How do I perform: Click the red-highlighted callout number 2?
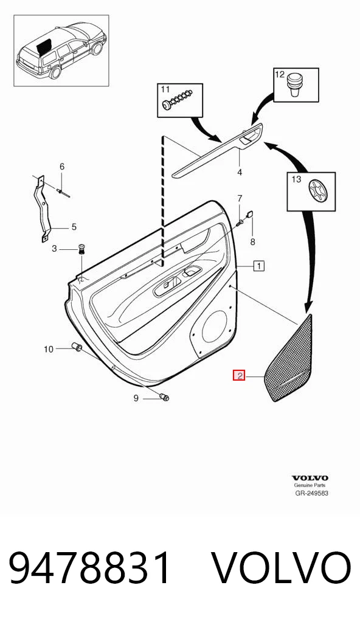[x=239, y=375]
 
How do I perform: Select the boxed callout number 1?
[x=259, y=266]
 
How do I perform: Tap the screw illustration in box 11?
[x=178, y=100]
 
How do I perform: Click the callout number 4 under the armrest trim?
[x=240, y=173]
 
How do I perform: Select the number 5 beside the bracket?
[x=74, y=227]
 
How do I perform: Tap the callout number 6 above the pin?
[x=61, y=167]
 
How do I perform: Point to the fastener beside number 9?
[x=164, y=396]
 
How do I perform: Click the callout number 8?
[x=252, y=242]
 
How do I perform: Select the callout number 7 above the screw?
[x=240, y=198]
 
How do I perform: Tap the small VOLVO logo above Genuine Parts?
[x=310, y=478]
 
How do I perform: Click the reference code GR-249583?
[x=312, y=493]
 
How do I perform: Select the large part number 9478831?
[x=91, y=568]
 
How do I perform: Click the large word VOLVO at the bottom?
[x=282, y=568]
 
